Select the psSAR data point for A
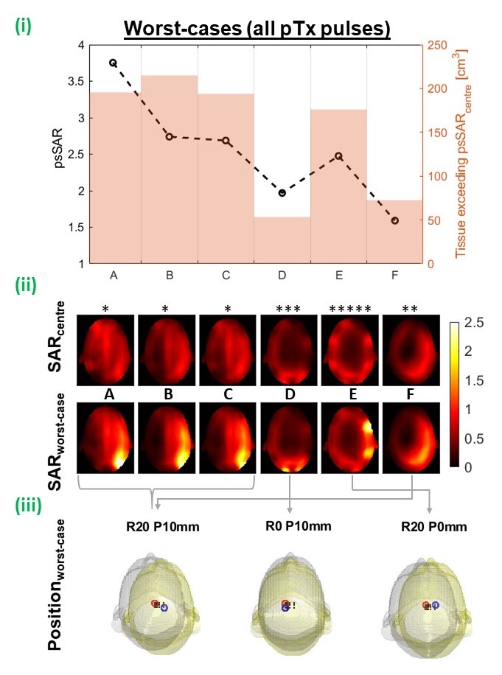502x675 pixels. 113,63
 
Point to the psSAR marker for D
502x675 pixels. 282,193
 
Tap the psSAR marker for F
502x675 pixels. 395,220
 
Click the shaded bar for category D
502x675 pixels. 282,239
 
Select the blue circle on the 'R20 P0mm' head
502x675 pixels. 436,604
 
